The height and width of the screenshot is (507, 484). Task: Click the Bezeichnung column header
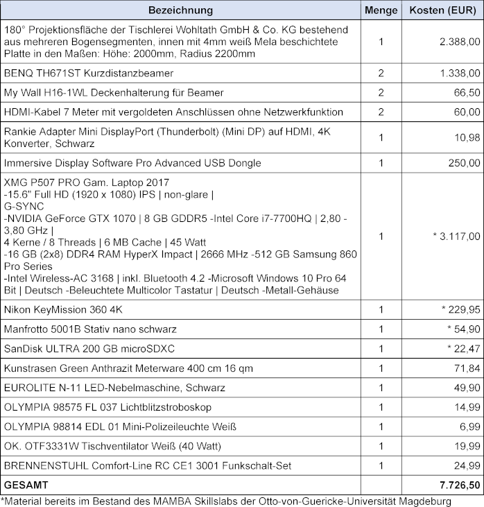pos(180,10)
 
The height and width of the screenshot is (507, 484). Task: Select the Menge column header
pos(381,10)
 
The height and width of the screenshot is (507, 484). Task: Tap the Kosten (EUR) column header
pos(442,10)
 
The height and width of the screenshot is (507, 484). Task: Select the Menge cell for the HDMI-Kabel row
pos(381,112)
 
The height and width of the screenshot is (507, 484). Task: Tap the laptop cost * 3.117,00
pos(455,237)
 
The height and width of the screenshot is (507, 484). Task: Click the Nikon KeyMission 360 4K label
pos(58,309)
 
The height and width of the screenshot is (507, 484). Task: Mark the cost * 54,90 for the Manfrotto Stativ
pos(460,329)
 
